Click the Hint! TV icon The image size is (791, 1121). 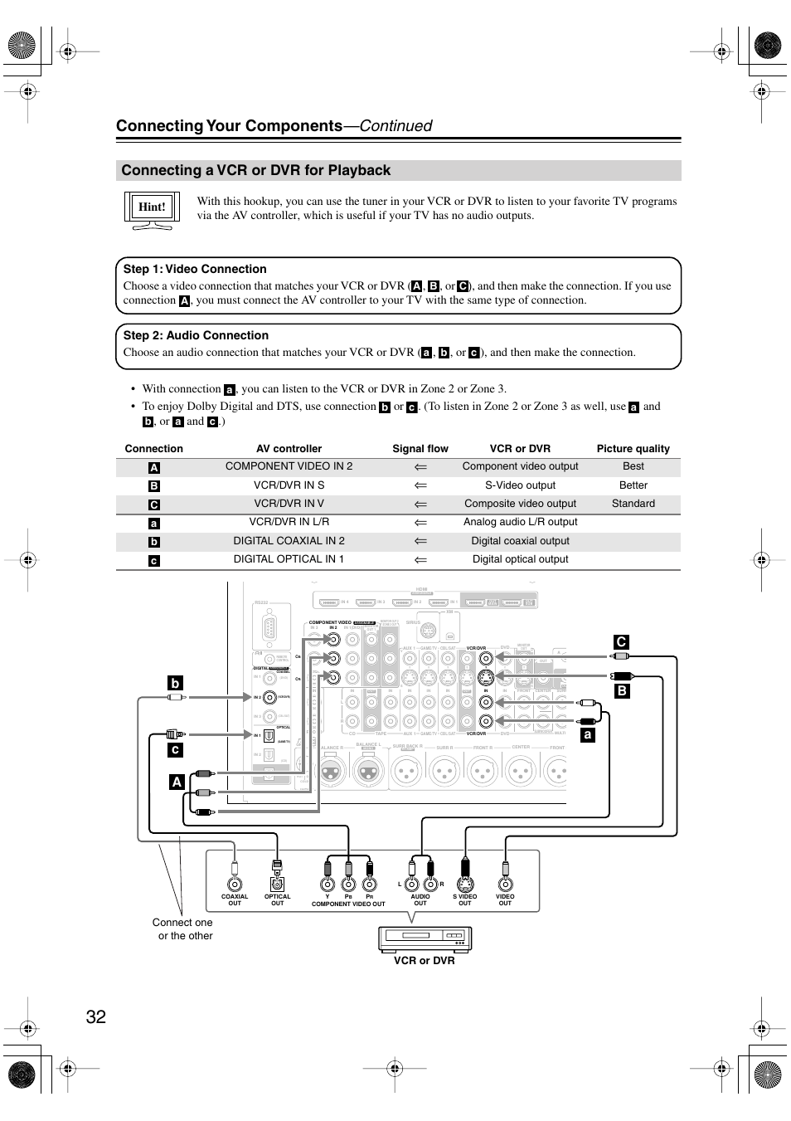152,207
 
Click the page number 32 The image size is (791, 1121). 95,1016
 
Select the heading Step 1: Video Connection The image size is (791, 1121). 195,269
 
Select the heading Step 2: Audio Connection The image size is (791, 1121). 196,335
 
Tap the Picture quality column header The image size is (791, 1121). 633,449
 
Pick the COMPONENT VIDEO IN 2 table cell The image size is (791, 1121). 289,466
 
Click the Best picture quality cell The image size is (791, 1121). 633,466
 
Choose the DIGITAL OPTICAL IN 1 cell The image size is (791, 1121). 289,559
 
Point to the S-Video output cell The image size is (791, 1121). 520,485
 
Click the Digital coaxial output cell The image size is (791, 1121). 520,541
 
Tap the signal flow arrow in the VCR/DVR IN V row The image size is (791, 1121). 420,504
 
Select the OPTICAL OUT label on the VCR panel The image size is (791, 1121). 277,899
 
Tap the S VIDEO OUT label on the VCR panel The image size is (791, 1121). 464,899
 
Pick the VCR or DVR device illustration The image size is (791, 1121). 425,938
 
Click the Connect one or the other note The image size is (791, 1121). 183,929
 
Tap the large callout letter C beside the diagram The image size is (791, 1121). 621,642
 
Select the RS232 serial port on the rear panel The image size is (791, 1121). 268,627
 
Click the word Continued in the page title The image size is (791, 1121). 395,126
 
